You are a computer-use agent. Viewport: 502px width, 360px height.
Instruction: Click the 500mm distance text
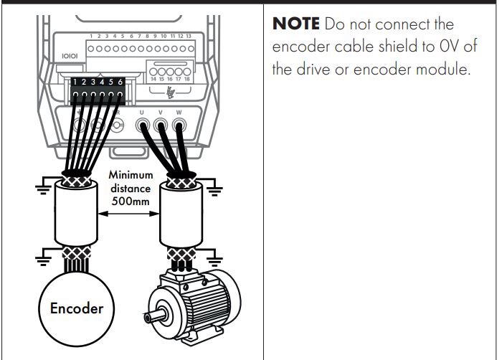129,201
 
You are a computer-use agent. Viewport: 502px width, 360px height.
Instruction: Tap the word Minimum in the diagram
129,174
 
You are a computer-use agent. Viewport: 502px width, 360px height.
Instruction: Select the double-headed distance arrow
129,213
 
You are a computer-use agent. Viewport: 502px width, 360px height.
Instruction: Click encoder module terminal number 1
75,83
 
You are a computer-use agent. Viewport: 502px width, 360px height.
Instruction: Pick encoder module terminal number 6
120,83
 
